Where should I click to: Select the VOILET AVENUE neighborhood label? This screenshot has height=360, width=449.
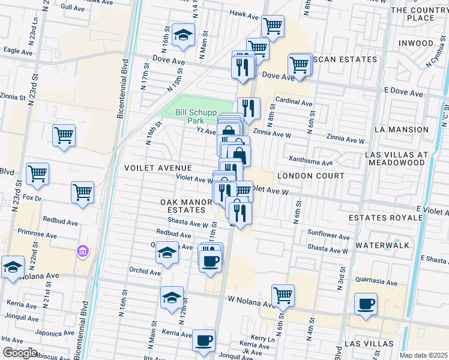point(158,168)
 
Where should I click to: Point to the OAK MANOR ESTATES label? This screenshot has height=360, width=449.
point(186,206)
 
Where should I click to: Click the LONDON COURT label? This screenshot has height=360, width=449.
point(311,176)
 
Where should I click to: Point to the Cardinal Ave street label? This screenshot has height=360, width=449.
point(294,103)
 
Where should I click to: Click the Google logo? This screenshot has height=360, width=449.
point(20,353)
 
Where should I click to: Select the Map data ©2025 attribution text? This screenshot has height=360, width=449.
point(423,355)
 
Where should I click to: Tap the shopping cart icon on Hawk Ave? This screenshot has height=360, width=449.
point(273,26)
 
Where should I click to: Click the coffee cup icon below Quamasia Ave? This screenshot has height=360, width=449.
point(365,304)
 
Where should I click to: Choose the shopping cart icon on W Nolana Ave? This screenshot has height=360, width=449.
point(283,295)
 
